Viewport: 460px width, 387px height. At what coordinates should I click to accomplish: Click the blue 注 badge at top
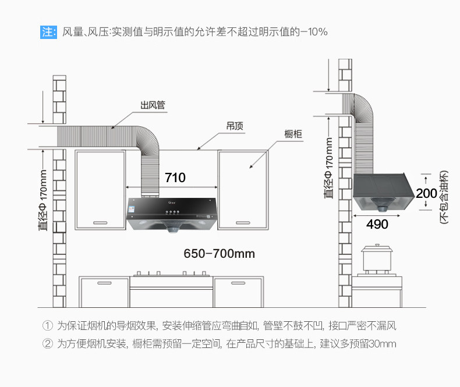pos(48,31)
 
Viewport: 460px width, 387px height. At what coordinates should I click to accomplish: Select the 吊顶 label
pos(235,126)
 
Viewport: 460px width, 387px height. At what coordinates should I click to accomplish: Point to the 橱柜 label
pos(293,134)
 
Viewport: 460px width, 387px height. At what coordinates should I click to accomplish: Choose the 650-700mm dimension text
pos(219,254)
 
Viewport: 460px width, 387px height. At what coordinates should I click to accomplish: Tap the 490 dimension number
pos(377,224)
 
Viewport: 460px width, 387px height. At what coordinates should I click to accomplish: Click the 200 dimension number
pos(426,193)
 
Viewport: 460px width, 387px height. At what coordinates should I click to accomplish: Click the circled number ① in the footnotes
pos(48,325)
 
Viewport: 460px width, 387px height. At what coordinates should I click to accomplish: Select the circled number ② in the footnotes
pos(48,343)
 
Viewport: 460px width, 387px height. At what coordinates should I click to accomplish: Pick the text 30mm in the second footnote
pos(383,343)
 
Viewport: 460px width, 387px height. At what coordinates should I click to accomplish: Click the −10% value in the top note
pos(314,31)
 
